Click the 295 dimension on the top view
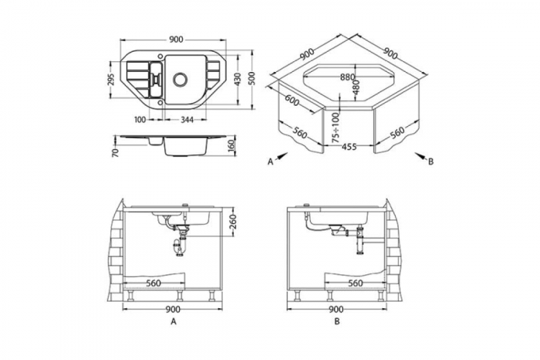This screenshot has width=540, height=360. [111, 80]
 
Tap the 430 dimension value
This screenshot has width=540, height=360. [238, 79]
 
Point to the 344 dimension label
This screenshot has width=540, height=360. [186, 120]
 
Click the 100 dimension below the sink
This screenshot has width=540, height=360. [140, 120]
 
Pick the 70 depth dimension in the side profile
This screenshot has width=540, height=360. [115, 152]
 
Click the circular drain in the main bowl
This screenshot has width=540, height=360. [180, 79]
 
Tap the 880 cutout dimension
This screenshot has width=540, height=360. [347, 78]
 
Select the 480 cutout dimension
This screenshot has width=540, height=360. [356, 87]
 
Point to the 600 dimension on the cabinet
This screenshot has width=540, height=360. [292, 100]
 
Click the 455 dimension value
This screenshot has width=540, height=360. [349, 147]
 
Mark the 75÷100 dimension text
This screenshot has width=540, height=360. [336, 128]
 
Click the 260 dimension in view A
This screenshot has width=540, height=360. [233, 222]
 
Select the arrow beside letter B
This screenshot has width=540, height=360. [420, 156]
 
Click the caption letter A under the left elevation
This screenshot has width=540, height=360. [174, 321]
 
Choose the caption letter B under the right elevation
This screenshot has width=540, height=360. [337, 321]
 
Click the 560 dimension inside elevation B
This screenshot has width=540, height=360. [356, 283]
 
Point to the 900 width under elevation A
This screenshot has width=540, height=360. [173, 310]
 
